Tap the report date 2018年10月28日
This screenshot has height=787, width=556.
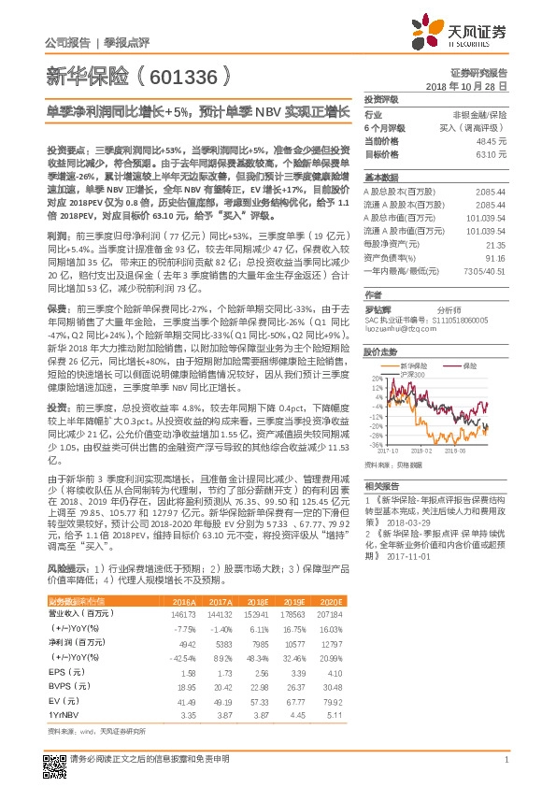tap(473, 85)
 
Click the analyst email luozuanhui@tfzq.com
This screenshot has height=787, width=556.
tap(394, 329)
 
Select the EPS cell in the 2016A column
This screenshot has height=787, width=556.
tap(185, 672)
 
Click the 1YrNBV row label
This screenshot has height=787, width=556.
tap(64, 714)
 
